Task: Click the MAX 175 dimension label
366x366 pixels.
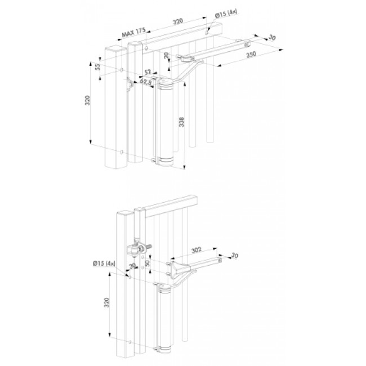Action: (134, 32)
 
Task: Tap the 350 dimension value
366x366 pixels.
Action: (251, 55)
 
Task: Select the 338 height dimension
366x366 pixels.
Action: (181, 122)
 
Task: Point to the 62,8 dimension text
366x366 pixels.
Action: (146, 82)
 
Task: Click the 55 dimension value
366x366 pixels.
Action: (99, 67)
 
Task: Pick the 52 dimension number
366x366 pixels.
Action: (148, 72)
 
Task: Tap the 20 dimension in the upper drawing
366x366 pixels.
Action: (166, 56)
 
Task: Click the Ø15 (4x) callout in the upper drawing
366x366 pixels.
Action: (226, 14)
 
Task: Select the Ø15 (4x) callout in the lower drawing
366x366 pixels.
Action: (104, 264)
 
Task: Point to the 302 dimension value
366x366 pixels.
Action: (197, 250)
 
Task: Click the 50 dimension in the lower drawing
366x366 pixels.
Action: (148, 264)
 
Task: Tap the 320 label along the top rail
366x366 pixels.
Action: (178, 21)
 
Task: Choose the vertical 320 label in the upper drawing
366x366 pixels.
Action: (87, 100)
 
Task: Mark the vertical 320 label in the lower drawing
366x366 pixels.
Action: (106, 303)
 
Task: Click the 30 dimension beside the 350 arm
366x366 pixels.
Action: (272, 37)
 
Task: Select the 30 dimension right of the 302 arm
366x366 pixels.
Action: (234, 256)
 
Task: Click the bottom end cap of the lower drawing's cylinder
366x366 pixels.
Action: (164, 352)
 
